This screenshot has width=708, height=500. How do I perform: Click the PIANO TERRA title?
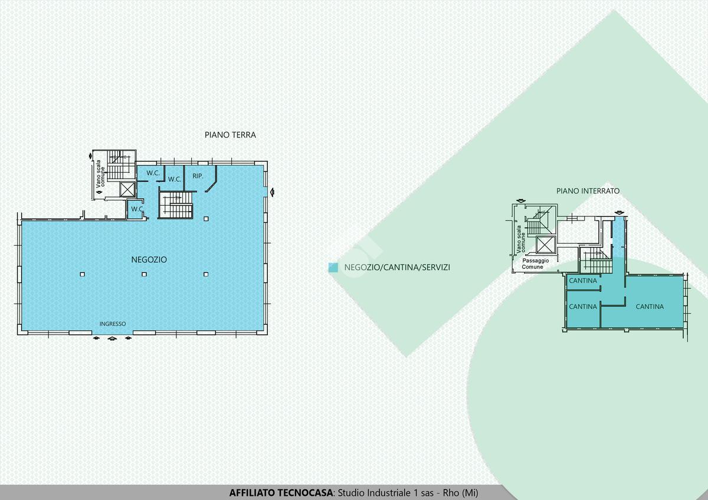click(x=230, y=135)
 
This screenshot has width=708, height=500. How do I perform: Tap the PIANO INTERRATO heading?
click(x=588, y=191)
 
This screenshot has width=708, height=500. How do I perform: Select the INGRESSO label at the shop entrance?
click(x=113, y=324)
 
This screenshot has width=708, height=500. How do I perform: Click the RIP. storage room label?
click(x=198, y=176)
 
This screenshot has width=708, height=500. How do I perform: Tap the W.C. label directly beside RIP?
click(x=175, y=179)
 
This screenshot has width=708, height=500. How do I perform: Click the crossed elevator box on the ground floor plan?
click(x=127, y=189)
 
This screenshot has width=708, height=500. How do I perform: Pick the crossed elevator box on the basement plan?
click(x=546, y=245)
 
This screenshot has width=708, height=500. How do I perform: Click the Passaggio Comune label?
click(x=536, y=264)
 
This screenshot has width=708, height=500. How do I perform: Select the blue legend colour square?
click(x=333, y=268)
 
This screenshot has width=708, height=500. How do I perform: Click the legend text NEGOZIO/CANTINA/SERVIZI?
click(x=397, y=268)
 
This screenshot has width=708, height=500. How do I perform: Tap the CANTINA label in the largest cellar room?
click(x=650, y=307)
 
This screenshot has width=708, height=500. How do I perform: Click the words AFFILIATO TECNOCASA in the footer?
click(x=281, y=492)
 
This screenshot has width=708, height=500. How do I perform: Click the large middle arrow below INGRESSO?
click(x=112, y=339)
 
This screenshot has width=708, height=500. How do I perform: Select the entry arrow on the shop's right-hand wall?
click(x=272, y=192)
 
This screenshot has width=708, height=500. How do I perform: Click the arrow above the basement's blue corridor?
click(x=619, y=213)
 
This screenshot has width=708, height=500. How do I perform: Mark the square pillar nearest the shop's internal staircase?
click(x=206, y=219)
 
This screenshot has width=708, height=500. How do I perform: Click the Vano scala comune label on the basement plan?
click(x=520, y=239)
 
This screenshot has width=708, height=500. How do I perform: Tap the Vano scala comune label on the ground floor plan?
click(x=100, y=173)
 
